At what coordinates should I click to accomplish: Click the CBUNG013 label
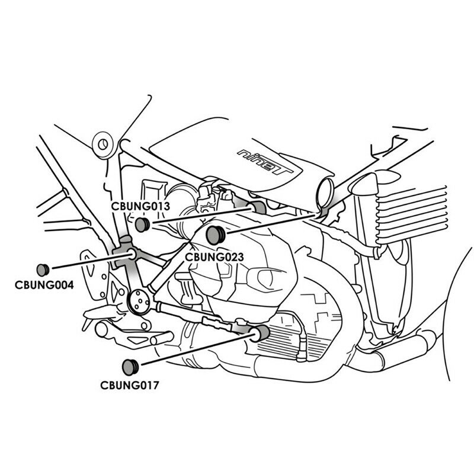tap(140, 207)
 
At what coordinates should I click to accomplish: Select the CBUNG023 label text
tap(214, 257)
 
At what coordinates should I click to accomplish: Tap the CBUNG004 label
tap(44, 285)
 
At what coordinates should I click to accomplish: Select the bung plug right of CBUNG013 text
tap(142, 225)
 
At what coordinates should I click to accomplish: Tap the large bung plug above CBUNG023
tap(216, 235)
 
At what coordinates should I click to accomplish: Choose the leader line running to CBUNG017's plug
tap(196, 350)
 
